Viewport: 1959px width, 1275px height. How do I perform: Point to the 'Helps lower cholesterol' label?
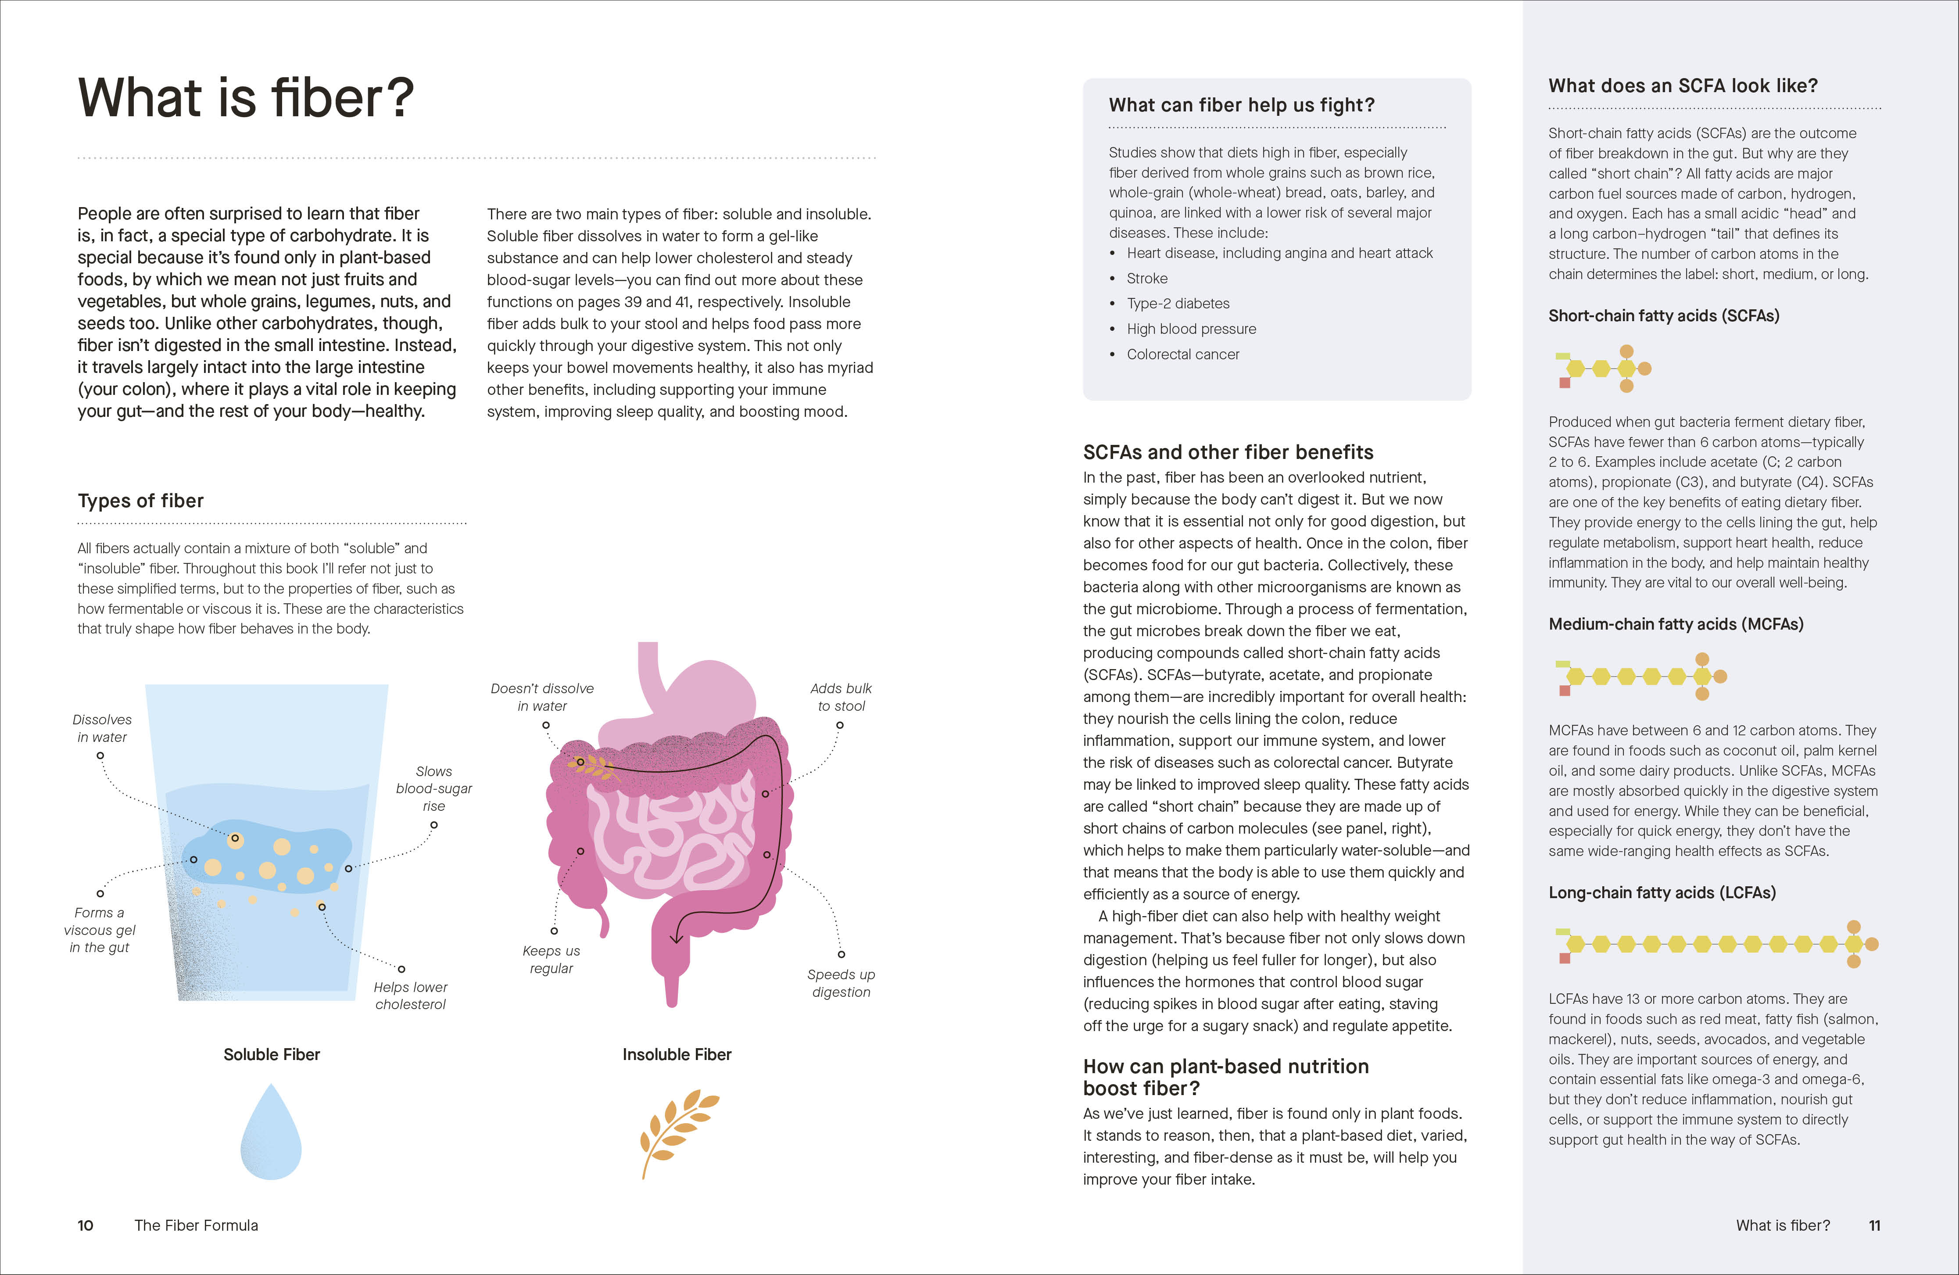coord(410,995)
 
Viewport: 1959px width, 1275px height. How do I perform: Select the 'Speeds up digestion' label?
coord(840,983)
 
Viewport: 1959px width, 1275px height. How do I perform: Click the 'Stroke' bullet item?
coord(1146,278)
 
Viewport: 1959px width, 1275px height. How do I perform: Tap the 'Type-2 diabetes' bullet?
coord(1178,304)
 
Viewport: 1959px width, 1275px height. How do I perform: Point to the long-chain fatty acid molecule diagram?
coord(1716,944)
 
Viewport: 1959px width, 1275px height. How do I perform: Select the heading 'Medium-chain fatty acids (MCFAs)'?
coord(1676,624)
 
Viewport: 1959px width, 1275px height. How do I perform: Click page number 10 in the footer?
coord(86,1225)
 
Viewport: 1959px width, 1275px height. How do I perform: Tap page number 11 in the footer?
coord(1874,1225)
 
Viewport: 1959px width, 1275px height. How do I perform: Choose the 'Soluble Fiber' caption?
coord(272,1054)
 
